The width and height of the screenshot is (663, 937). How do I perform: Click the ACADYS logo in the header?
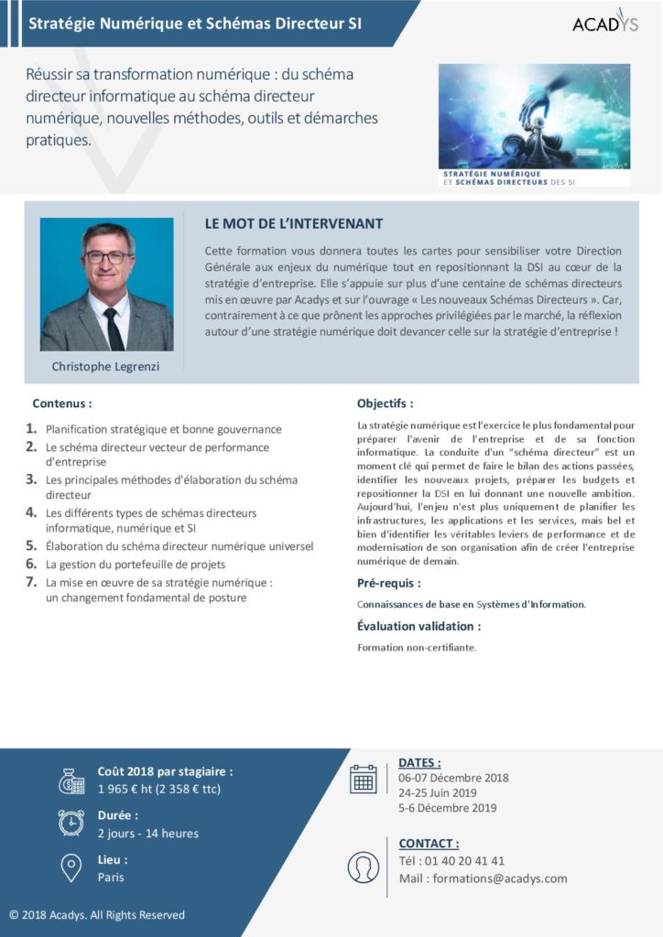click(x=605, y=23)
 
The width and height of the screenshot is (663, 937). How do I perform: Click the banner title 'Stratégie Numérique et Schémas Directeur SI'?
click(x=195, y=24)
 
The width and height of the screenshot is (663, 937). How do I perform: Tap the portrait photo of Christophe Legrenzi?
click(x=106, y=285)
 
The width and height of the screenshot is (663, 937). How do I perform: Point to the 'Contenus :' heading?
click(x=62, y=403)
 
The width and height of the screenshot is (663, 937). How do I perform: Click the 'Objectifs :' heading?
click(x=385, y=403)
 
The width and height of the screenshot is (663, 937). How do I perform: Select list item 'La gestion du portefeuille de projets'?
click(x=136, y=565)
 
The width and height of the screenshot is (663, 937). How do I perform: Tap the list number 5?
click(x=31, y=545)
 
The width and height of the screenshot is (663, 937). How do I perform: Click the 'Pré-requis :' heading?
click(x=389, y=583)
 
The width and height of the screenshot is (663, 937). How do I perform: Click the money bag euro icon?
click(x=71, y=781)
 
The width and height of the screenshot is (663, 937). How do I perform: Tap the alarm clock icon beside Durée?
click(x=71, y=823)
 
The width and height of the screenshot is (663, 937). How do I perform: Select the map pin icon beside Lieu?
click(x=71, y=867)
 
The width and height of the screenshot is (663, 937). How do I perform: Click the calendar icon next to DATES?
click(x=364, y=779)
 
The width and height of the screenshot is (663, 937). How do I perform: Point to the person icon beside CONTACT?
click(x=364, y=867)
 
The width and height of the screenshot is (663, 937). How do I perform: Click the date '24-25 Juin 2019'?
click(x=438, y=793)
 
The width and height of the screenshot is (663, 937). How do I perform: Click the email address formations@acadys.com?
click(x=500, y=878)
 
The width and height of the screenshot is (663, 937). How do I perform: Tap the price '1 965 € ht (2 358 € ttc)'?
click(x=159, y=789)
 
